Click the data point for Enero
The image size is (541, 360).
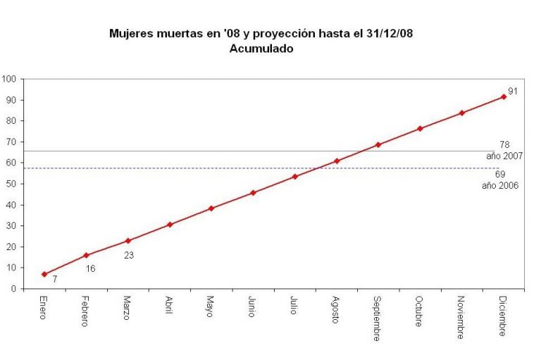tap(44, 274)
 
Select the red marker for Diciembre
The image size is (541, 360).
tap(503, 97)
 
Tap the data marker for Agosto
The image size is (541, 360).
tap(337, 161)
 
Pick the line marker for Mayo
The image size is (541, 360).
tap(211, 209)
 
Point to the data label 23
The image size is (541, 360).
tap(129, 255)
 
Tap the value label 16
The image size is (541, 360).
tap(90, 268)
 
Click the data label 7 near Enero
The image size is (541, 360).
tap(55, 280)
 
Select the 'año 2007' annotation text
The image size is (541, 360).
tap(504, 156)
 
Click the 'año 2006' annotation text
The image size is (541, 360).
tap(500, 185)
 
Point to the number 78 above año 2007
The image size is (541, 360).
tap(504, 145)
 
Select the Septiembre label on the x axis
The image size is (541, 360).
tap(378, 317)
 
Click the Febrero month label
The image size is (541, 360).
tap(85, 312)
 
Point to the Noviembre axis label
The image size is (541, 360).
tap(461, 316)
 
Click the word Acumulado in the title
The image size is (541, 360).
tap(261, 49)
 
